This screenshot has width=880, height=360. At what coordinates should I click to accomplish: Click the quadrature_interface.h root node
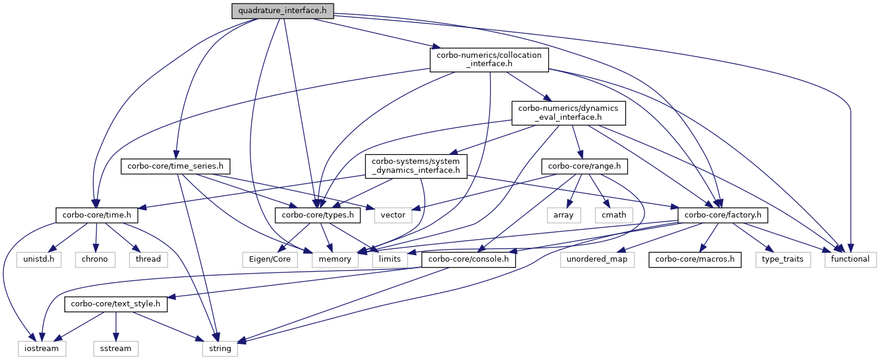(x=282, y=10)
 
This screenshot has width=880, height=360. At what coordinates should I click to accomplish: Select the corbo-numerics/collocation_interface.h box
(x=489, y=60)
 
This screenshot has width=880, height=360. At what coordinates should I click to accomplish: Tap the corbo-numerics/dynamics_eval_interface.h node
(x=568, y=113)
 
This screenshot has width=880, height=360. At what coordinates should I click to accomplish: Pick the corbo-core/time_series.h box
(x=176, y=166)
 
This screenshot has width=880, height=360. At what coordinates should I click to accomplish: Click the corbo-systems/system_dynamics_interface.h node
(x=416, y=166)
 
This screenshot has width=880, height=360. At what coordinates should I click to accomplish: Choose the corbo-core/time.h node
(x=97, y=215)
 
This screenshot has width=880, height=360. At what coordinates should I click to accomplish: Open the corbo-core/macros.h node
(x=695, y=259)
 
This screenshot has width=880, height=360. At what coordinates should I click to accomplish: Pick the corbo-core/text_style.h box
(x=116, y=304)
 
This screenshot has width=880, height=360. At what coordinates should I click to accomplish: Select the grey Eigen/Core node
(x=266, y=259)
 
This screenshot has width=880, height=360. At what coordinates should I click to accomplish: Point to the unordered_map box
(x=598, y=259)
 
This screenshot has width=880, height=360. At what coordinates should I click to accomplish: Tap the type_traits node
(x=783, y=259)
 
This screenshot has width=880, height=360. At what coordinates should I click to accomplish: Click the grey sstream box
(x=116, y=348)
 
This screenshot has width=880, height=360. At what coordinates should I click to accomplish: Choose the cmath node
(x=610, y=215)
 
